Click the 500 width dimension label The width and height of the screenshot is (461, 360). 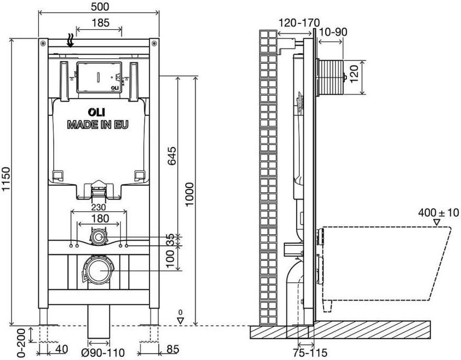pyautogui.click(x=100, y=6)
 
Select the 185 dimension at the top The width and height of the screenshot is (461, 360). pyautogui.click(x=100, y=23)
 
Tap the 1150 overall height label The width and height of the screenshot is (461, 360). pyautogui.click(x=6, y=179)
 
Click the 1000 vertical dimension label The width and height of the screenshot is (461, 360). pyautogui.click(x=189, y=194)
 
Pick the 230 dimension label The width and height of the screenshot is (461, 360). pyautogui.click(x=99, y=208)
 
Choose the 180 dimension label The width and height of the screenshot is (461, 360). pyautogui.click(x=100, y=219)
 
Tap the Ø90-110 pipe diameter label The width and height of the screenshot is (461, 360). pyautogui.click(x=103, y=353)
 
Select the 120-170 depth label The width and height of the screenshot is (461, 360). pyautogui.click(x=299, y=22)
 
